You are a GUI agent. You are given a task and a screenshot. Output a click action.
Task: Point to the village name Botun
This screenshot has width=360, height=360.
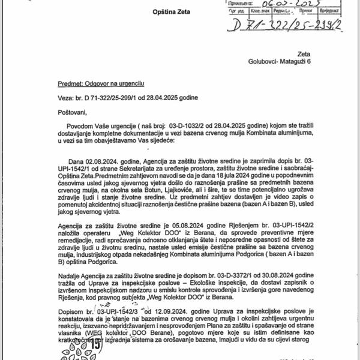coord(188,190)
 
